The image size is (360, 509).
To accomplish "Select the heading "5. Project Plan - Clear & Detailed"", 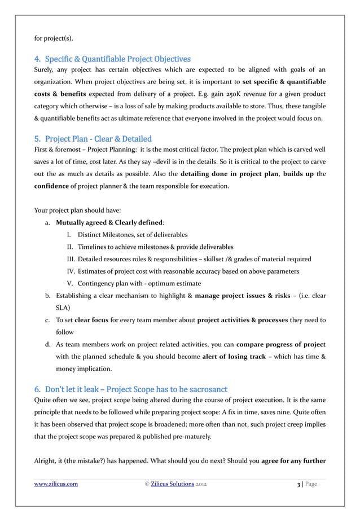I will (93, 139).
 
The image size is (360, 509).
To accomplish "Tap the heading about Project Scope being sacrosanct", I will (130, 388).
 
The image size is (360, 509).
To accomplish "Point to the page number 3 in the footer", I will (298, 484).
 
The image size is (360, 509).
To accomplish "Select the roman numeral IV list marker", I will (71, 271).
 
